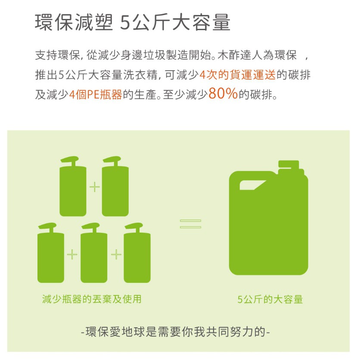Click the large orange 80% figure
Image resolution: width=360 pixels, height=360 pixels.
click(x=223, y=93)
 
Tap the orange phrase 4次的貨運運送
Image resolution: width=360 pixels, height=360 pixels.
click(x=237, y=75)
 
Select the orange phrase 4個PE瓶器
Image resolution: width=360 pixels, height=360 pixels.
click(x=96, y=94)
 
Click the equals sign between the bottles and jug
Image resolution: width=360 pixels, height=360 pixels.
click(x=191, y=224)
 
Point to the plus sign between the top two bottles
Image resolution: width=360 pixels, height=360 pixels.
click(x=95, y=187)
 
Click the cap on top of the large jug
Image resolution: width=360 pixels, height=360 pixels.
click(x=289, y=164)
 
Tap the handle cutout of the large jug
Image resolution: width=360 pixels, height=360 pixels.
click(x=251, y=185)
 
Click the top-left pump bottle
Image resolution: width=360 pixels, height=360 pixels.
click(x=73, y=186)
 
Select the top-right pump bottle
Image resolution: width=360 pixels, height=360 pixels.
click(x=115, y=186)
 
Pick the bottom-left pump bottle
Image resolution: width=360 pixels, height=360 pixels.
click(x=51, y=252)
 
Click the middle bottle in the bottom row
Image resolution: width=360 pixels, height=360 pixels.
click(x=94, y=252)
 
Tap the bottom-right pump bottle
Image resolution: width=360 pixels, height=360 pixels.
click(x=137, y=252)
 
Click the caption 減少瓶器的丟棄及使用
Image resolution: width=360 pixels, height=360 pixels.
click(x=92, y=299)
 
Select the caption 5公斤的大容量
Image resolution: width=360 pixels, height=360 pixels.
click(x=270, y=299)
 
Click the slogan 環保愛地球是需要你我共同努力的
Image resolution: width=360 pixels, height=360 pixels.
click(x=176, y=332)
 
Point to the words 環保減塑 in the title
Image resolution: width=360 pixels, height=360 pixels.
click(x=74, y=22)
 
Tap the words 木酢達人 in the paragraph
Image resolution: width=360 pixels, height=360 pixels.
click(x=240, y=55)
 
